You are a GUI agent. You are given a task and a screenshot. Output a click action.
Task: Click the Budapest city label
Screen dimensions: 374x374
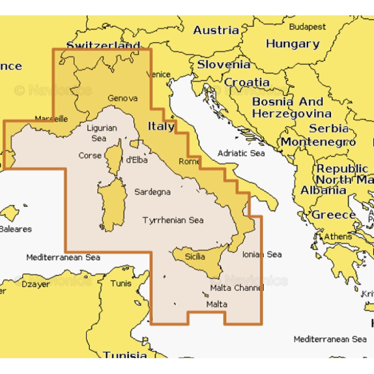(x=307, y=27)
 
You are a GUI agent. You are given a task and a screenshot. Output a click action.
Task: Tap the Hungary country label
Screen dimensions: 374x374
(x=293, y=44)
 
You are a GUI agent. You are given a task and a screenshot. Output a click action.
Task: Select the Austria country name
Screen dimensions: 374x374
(x=216, y=30)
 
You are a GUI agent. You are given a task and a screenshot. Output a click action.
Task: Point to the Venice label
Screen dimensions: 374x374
(x=158, y=74)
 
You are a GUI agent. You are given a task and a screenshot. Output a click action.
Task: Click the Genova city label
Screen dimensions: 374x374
(x=122, y=98)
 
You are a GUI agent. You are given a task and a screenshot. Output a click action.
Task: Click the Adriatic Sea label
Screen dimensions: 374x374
(x=241, y=153)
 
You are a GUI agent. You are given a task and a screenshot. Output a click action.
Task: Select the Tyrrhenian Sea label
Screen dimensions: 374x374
(x=173, y=220)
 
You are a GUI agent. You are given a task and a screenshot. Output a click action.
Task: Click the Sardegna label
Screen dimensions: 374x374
(x=152, y=192)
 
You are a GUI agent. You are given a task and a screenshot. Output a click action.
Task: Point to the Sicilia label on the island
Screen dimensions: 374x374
(x=195, y=256)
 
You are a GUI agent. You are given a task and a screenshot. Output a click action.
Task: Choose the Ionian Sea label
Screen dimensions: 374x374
(x=262, y=254)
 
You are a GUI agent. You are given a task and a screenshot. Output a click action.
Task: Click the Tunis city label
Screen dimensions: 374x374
(x=121, y=283)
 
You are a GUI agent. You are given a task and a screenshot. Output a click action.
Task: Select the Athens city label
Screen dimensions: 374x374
(x=338, y=237)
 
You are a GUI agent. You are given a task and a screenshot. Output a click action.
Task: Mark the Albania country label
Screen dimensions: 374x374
(x=324, y=190)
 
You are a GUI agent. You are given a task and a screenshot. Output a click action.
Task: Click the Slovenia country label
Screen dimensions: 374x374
(x=223, y=65)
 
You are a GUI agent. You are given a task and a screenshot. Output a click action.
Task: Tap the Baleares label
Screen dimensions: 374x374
(x=16, y=229)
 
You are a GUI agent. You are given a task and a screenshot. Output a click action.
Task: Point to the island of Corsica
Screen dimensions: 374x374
(x=114, y=157)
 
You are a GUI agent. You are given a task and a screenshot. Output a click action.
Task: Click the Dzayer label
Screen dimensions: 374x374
(x=36, y=284)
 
